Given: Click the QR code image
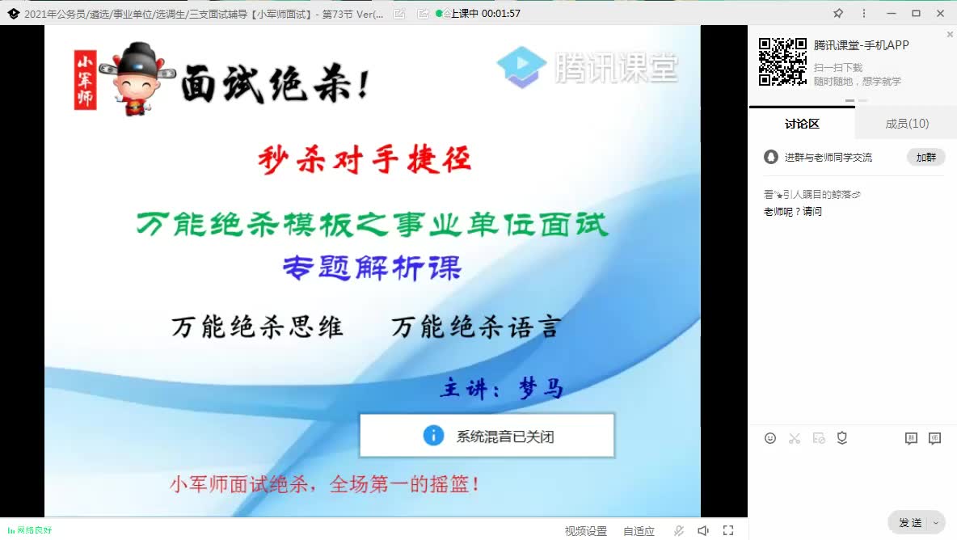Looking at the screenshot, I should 782,61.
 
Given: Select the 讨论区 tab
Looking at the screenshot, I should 801,124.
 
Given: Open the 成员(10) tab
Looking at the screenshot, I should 906,124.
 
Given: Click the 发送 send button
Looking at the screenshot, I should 910,522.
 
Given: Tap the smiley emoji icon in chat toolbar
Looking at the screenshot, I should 770,438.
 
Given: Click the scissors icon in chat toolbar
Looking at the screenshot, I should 795,438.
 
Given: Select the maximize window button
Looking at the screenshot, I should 916,13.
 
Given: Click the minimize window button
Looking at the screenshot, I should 890,13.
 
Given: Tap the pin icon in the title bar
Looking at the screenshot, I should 838,13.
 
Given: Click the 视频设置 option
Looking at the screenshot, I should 585,531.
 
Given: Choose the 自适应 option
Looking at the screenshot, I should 639,531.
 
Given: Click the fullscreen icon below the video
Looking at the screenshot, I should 728,530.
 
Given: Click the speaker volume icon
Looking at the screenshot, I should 703,530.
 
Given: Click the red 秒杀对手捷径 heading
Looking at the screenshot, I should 365,159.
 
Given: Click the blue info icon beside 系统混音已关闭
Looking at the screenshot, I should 433,436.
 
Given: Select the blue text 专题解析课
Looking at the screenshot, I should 372,268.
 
